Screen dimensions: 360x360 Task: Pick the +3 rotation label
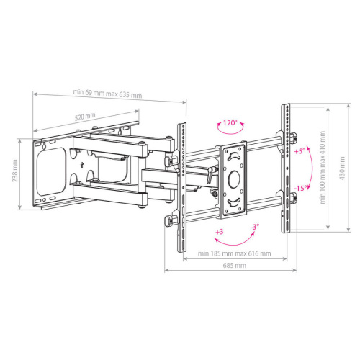pyautogui.click(x=217, y=232)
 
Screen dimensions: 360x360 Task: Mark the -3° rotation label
pyautogui.click(x=255, y=228)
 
